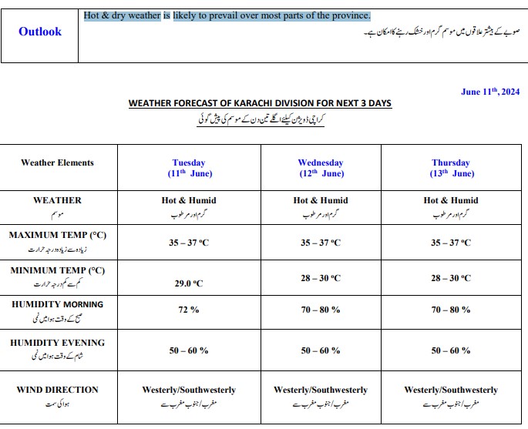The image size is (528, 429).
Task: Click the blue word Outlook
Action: pos(40,32)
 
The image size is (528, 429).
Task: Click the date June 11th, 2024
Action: pos(490,91)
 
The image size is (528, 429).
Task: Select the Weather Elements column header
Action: pos(57,163)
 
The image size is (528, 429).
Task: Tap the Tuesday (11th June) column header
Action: pos(189,168)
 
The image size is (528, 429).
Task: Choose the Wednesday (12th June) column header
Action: pos(320,168)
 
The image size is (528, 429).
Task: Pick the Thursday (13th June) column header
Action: pos(451,168)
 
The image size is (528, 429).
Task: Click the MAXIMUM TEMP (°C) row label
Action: pos(57,234)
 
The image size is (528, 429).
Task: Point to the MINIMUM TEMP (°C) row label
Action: pos(57,270)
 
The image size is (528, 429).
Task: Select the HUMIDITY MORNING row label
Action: pos(57,304)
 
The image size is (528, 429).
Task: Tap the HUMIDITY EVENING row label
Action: pos(57,343)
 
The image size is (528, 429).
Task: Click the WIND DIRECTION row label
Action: pos(57,390)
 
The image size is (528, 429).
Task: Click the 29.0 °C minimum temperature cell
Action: pos(189,283)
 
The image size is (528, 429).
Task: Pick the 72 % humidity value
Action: pos(189,309)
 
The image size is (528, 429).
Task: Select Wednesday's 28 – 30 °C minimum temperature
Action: pos(320,278)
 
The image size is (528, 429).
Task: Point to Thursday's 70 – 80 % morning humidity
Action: pos(451,309)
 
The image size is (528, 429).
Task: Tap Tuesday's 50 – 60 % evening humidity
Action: pos(189,350)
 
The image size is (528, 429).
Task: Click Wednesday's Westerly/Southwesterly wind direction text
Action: pos(320,390)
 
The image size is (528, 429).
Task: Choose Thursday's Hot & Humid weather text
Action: pos(451,200)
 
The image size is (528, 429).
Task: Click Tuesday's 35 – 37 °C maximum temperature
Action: pos(189,243)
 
